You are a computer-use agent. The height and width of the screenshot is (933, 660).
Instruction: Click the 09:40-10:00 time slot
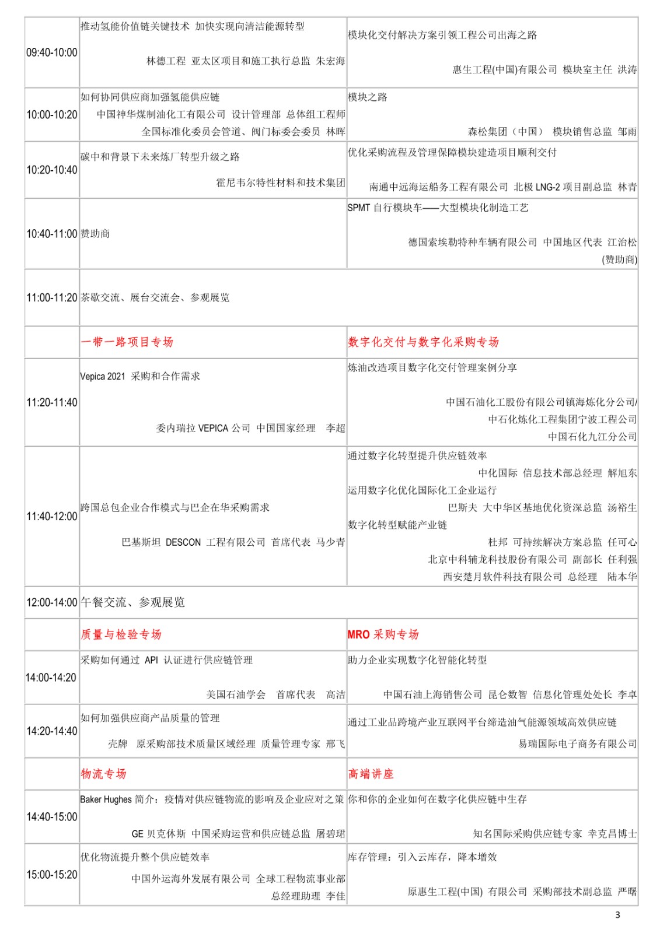(x=51, y=52)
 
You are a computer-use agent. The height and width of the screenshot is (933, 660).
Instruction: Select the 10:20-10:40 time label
(x=51, y=170)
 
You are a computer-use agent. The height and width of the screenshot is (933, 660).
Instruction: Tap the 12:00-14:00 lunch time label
(x=51, y=602)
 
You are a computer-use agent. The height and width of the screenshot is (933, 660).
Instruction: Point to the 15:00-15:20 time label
(x=51, y=875)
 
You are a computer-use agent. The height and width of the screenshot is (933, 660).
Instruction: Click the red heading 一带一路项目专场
(x=127, y=342)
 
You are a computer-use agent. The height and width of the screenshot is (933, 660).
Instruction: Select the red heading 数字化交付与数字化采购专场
(x=423, y=342)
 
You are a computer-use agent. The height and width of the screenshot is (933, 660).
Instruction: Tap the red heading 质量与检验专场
(x=121, y=634)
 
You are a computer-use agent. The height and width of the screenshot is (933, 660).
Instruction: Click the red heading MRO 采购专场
(x=383, y=634)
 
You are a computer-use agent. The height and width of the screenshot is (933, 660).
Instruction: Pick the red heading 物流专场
(x=103, y=774)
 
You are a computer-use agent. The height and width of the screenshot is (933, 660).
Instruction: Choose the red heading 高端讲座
(x=371, y=774)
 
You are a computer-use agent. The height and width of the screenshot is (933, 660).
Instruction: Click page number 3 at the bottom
(x=618, y=915)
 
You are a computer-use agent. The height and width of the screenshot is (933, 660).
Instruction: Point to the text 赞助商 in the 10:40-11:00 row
(x=95, y=234)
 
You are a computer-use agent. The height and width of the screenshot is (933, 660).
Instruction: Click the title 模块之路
(x=368, y=97)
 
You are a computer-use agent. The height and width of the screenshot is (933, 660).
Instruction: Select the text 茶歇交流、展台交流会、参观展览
(x=155, y=297)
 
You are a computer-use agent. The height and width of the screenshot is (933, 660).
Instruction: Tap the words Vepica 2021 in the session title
(x=103, y=376)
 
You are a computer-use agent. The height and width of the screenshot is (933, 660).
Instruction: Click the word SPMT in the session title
(x=358, y=208)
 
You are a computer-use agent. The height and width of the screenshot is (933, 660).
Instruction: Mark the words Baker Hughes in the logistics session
(x=106, y=799)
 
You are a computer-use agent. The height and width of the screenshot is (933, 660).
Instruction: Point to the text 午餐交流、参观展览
(x=132, y=602)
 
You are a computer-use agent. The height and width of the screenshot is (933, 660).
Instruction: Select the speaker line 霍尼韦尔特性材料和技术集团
(x=281, y=183)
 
